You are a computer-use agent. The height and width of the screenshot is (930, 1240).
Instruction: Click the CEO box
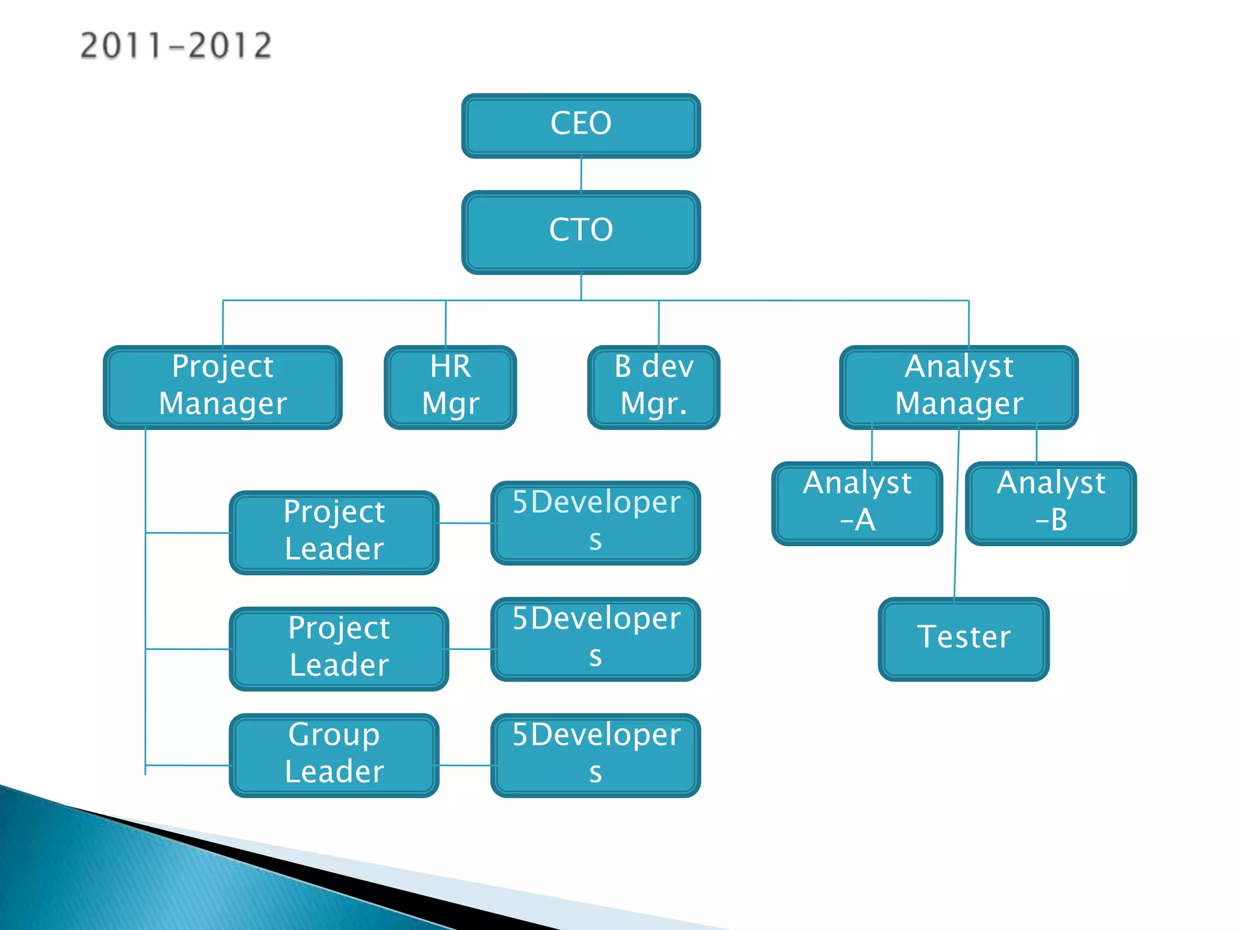(x=581, y=125)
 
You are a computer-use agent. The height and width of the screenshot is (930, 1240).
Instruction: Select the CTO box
(x=581, y=232)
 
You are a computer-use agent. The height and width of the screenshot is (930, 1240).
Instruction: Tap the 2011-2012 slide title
(x=176, y=46)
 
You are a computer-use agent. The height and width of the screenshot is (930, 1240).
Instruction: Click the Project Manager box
(x=222, y=387)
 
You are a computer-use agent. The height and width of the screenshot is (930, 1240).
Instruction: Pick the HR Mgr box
(x=450, y=387)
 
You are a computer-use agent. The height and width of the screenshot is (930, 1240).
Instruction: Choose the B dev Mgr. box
(x=653, y=387)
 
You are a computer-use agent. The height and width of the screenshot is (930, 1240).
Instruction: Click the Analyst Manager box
(x=958, y=387)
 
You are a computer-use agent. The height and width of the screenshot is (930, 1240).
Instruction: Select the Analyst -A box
(x=857, y=503)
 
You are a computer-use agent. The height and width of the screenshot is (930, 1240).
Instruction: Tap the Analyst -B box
(x=1050, y=503)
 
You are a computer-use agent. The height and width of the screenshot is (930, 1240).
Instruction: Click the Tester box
(x=963, y=639)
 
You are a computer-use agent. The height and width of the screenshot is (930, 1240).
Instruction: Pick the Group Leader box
(x=334, y=755)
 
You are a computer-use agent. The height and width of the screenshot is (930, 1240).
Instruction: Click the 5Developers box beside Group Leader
(x=595, y=755)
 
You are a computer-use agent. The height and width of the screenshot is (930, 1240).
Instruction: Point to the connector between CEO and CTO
(x=581, y=174)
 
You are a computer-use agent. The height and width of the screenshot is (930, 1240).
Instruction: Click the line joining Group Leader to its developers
(x=464, y=765)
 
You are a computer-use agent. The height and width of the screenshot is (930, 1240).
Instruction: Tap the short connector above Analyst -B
(x=1037, y=445)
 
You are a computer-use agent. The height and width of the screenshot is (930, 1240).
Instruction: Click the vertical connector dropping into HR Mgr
(x=446, y=323)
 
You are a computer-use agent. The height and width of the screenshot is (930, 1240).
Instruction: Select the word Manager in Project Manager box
(x=222, y=404)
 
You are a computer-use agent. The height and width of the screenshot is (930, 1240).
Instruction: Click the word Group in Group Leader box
(x=334, y=735)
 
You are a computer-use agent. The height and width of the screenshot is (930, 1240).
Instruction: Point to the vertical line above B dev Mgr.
(x=659, y=323)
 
